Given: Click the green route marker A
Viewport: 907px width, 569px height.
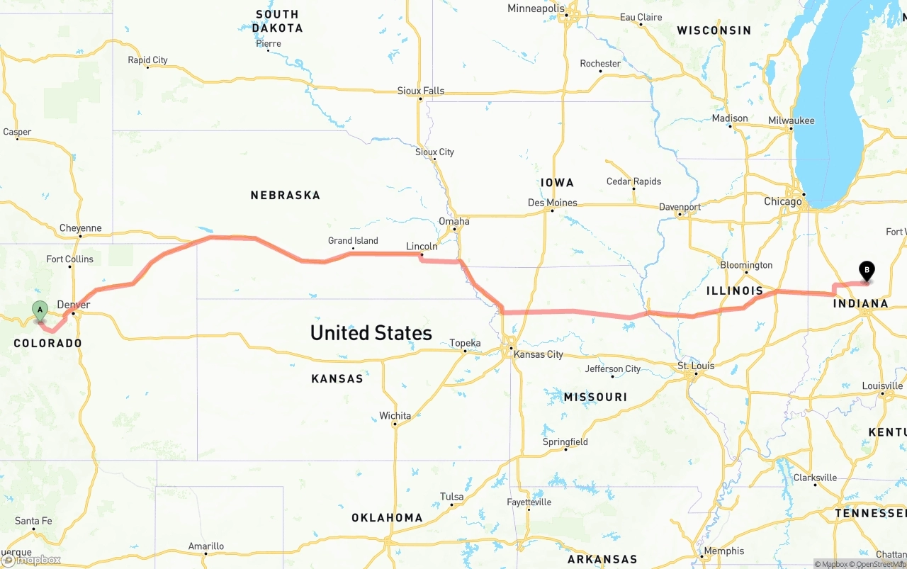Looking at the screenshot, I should tap(40, 310).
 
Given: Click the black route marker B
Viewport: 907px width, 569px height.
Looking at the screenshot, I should tap(866, 271).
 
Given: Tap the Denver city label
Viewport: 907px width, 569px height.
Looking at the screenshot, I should tap(74, 305).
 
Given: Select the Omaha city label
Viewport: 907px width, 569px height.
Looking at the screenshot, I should tap(453, 221).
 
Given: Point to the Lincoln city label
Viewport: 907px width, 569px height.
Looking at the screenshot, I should tap(422, 247).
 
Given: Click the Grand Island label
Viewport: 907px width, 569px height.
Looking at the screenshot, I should tap(353, 241).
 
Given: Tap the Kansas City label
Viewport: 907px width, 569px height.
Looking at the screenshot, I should tap(539, 354).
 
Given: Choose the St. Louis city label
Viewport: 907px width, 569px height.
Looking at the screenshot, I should tap(696, 366).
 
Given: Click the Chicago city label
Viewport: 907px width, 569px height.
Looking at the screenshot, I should tap(782, 202).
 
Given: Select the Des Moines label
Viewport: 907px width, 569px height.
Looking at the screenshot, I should tap(553, 203).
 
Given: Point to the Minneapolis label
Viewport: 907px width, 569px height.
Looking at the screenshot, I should tap(536, 9).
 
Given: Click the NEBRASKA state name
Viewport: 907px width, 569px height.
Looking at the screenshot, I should tap(285, 195).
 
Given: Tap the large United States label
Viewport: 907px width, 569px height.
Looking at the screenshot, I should tap(371, 333).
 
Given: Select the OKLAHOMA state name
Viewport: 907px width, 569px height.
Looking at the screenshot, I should tap(387, 518).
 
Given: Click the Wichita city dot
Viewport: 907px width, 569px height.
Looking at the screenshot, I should tap(395, 425).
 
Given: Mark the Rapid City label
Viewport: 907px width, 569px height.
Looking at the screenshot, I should tap(147, 60).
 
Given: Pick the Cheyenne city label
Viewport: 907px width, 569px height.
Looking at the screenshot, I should tap(80, 228).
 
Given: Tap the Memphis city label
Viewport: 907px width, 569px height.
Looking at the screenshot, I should tap(724, 551).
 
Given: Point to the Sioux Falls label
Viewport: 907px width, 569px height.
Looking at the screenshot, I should tap(421, 91).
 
